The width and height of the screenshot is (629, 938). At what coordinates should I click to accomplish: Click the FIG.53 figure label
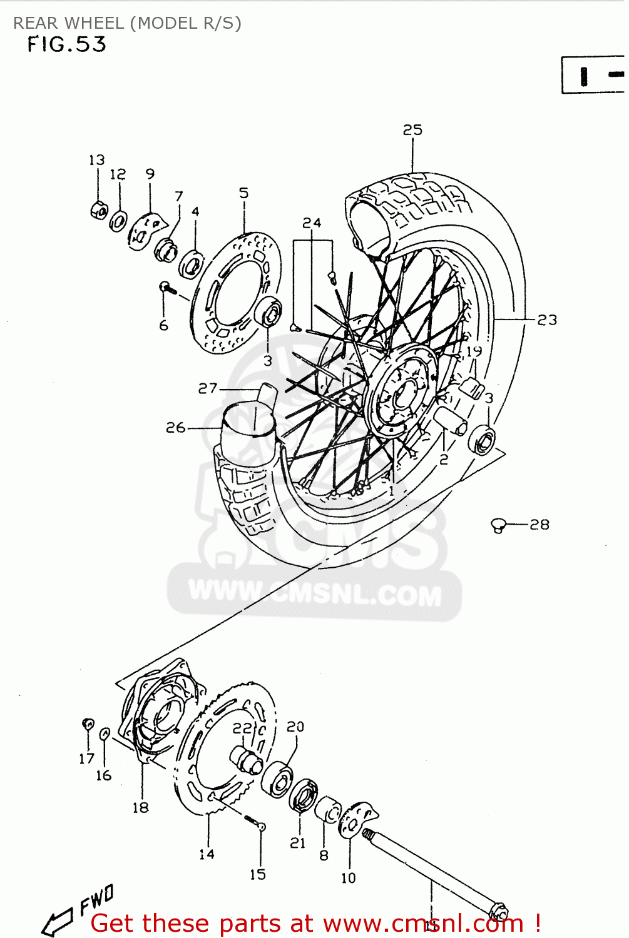66,44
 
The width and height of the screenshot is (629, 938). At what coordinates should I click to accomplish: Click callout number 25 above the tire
412,130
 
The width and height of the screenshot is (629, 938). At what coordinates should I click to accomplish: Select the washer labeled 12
118,221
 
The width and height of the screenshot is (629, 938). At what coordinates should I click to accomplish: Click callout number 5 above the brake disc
243,193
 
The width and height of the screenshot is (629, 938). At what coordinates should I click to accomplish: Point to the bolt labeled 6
165,287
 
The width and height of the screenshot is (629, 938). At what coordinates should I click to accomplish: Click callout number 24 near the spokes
312,223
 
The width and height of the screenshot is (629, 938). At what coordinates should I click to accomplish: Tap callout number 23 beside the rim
546,320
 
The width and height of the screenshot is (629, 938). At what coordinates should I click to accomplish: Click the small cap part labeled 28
498,525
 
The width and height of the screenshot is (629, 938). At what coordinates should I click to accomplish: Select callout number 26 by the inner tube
176,428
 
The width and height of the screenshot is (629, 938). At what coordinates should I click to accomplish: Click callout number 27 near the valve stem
207,389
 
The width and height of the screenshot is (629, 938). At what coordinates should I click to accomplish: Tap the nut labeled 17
88,725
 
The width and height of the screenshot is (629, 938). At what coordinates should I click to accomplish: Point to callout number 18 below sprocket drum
140,808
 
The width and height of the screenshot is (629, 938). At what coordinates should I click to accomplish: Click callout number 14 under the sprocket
207,854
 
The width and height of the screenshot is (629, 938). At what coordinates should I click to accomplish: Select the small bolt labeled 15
261,827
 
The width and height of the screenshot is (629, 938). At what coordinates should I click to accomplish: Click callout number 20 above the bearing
295,727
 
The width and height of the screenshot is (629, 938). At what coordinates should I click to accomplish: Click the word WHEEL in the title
95,23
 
